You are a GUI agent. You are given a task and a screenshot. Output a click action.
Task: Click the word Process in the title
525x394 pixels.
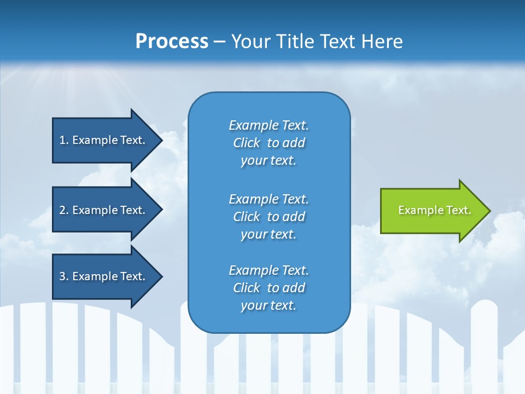172,42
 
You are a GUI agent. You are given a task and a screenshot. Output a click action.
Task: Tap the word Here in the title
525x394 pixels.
382,42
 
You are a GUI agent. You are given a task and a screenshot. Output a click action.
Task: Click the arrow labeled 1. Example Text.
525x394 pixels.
107,141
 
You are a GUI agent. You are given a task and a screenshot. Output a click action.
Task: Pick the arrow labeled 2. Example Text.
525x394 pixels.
107,210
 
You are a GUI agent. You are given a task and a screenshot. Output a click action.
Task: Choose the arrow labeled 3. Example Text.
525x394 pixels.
107,276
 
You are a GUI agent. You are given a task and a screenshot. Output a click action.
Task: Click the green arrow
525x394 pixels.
435,211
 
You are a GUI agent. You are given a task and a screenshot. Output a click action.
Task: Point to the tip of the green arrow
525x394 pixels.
491,211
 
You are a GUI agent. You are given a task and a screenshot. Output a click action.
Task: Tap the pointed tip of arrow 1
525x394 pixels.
163,141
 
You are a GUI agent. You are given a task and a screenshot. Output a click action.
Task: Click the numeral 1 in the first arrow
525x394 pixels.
62,140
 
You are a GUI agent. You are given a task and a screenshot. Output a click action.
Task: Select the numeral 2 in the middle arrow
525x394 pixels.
62,210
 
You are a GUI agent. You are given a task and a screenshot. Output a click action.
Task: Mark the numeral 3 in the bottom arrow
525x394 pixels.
62,276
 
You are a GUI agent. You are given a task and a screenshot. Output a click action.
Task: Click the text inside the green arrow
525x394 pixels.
435,210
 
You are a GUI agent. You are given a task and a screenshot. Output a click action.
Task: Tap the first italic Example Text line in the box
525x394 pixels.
269,125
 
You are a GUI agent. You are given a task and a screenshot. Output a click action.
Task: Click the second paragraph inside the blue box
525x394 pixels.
269,217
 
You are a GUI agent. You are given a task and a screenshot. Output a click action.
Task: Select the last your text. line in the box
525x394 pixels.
269,305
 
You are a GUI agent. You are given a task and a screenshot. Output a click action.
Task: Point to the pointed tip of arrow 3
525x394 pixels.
163,276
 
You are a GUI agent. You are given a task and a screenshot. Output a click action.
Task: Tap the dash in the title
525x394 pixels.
219,43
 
